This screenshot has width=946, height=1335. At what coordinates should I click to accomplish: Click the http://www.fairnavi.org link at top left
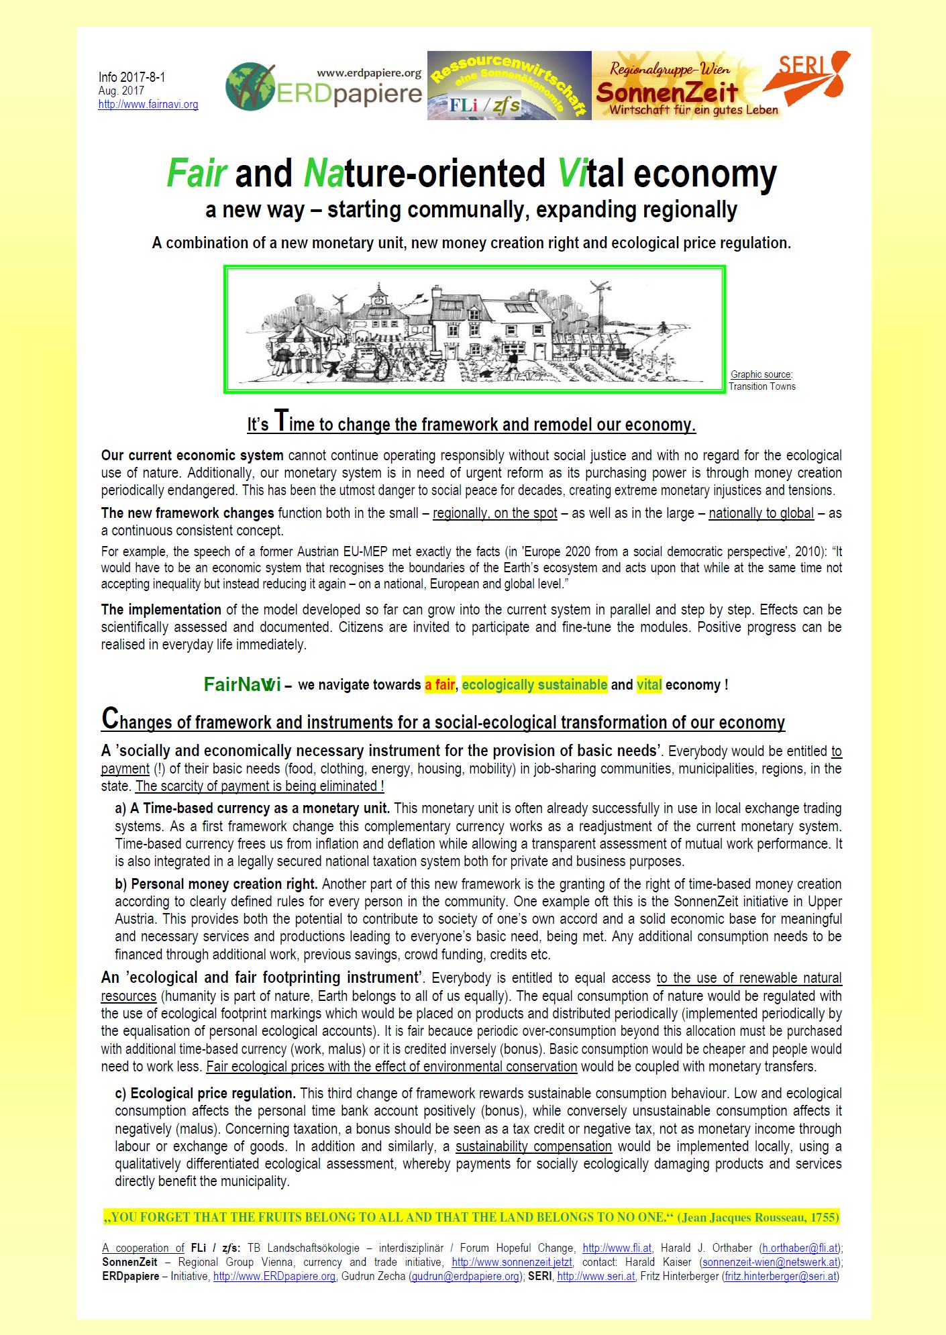tap(148, 105)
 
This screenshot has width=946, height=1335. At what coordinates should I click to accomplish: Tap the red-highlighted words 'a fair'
tap(440, 685)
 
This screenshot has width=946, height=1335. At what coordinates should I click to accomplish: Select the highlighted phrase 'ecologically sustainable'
tap(534, 685)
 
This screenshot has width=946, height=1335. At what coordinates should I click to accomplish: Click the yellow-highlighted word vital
tap(649, 685)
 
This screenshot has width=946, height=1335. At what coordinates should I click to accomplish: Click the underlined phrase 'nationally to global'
tap(761, 514)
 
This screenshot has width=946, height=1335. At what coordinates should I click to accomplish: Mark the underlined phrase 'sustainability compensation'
tap(533, 1146)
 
